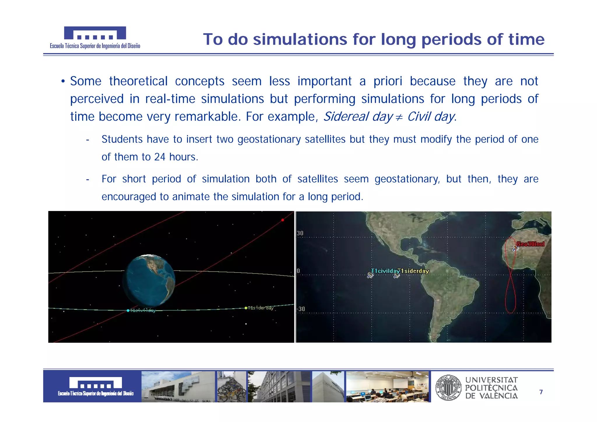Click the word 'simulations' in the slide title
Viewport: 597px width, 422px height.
[x=300, y=40]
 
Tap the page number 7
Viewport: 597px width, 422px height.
[x=541, y=392]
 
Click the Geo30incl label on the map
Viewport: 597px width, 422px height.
[x=530, y=244]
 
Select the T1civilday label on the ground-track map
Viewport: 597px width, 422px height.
[x=385, y=271]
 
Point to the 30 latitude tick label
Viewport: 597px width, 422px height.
[x=300, y=233]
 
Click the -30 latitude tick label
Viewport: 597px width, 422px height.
[x=301, y=309]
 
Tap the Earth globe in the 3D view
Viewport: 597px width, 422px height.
[x=149, y=280]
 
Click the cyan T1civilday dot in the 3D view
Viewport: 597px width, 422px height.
[x=128, y=311]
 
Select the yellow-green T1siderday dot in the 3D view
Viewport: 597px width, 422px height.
[x=246, y=308]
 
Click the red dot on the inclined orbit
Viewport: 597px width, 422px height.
[x=282, y=220]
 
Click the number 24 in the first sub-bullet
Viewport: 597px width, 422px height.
[x=160, y=157]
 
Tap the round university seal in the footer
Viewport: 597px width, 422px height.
[x=448, y=388]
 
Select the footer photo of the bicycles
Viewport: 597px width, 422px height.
[x=231, y=387]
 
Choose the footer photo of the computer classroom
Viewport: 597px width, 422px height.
[x=387, y=387]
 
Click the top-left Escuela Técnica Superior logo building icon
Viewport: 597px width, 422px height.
[x=95, y=33]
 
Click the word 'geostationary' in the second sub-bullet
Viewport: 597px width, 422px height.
[x=407, y=179]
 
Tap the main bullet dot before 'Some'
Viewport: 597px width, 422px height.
[x=63, y=81]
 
